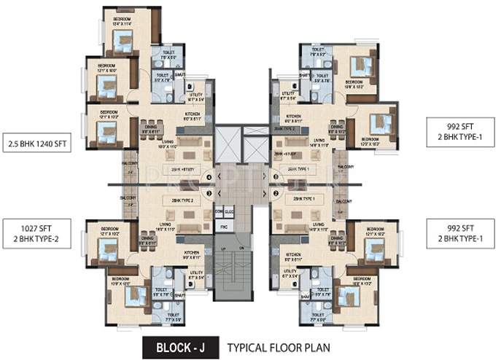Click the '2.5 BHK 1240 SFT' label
pos(37,144)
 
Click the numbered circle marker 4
pos(209,176)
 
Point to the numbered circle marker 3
pos(209,193)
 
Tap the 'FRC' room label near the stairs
pos(224,227)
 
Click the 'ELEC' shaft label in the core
pos(228,211)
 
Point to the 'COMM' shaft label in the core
pos(218,211)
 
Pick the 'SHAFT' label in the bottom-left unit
pos(179,294)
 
